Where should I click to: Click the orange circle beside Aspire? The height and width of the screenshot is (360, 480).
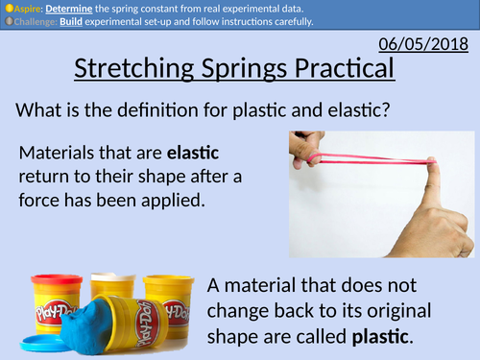[6, 7]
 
